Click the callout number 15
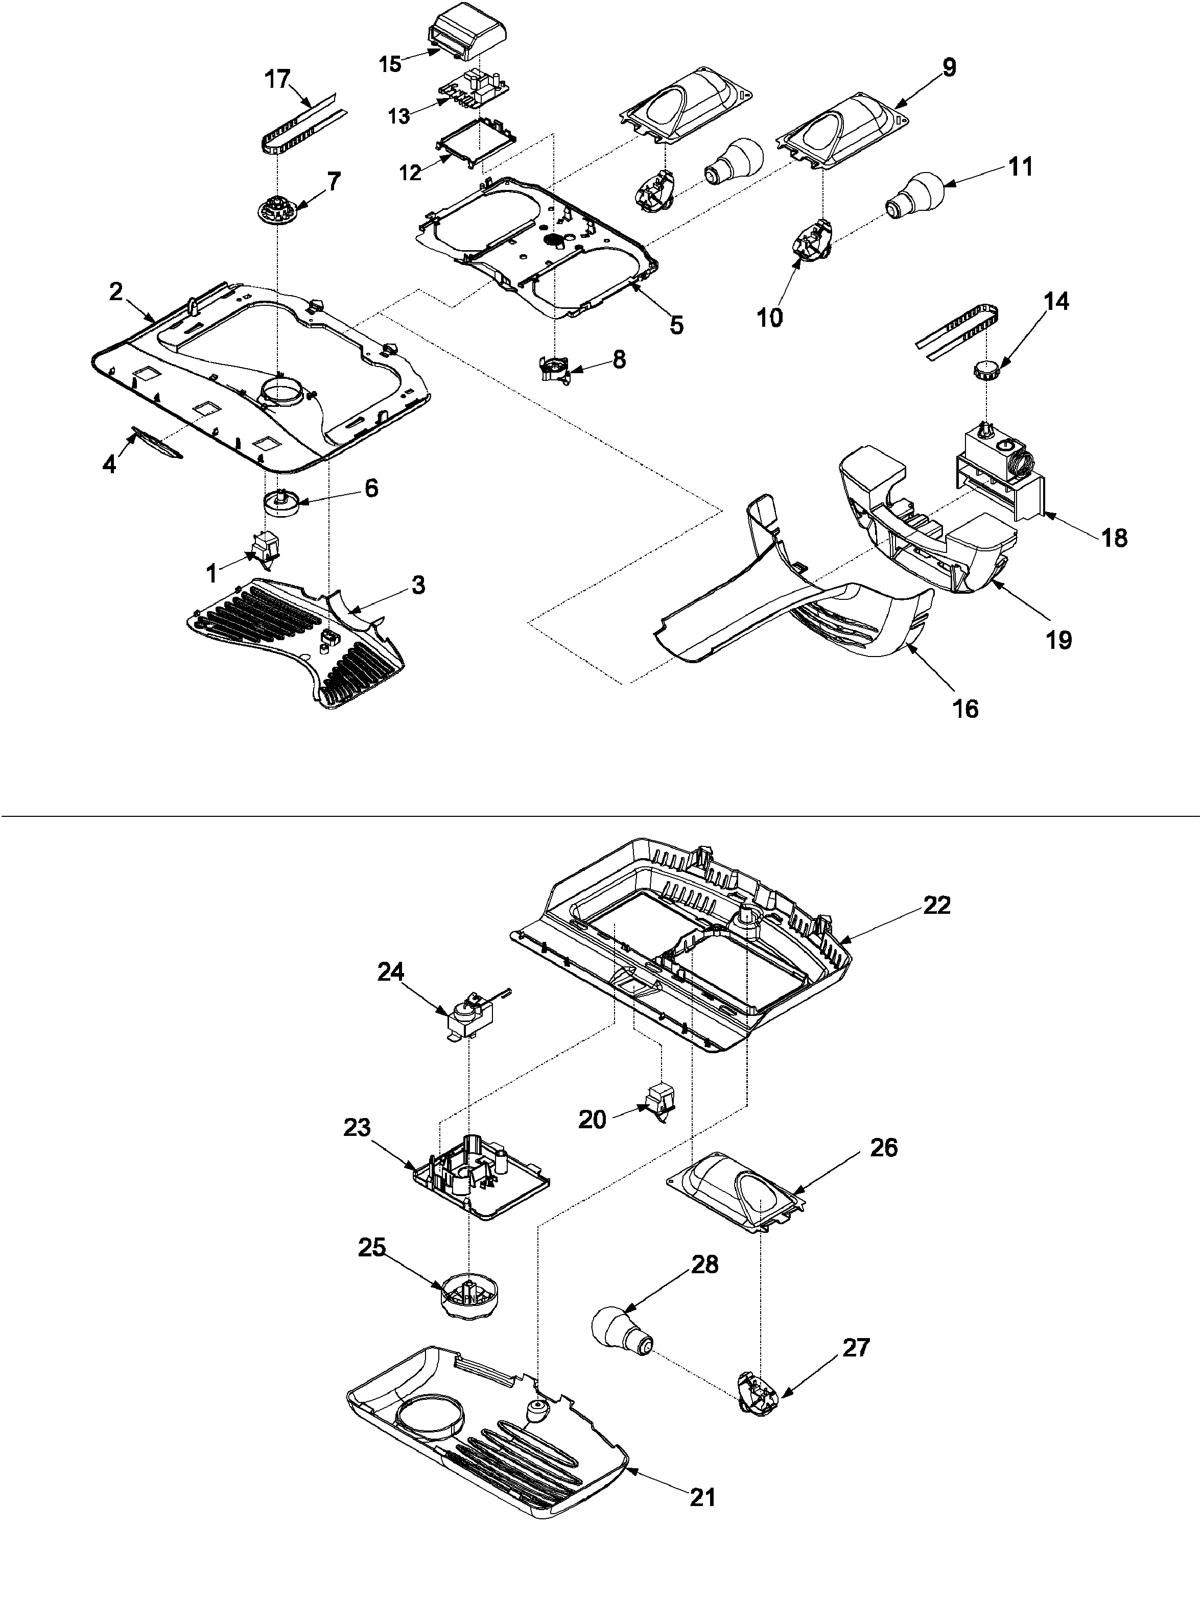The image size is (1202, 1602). (x=390, y=64)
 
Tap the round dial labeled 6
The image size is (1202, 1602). (x=284, y=503)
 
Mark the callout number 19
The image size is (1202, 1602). (x=1059, y=640)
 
